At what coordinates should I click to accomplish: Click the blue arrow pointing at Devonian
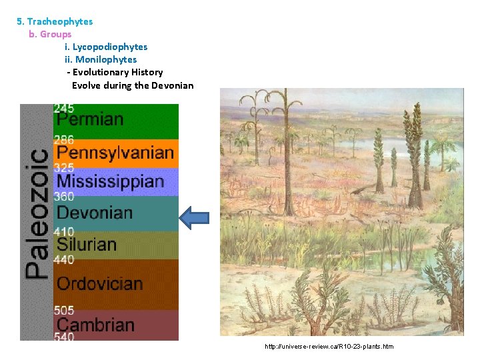tap(195, 217)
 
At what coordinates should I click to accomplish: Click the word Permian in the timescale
tap(90, 120)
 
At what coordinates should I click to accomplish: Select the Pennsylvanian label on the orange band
tap(115, 153)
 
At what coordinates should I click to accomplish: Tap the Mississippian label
tap(111, 181)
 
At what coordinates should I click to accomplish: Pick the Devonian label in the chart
tap(95, 213)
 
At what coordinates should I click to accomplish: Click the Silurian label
tap(86, 245)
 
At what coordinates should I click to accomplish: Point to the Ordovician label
tap(100, 283)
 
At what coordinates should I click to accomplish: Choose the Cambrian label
tap(95, 325)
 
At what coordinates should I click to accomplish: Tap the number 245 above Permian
tap(64, 108)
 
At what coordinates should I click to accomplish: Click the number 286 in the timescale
tap(64, 140)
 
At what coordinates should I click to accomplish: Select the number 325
tap(64, 168)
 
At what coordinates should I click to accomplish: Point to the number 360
tap(64, 197)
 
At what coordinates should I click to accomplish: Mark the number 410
tap(64, 231)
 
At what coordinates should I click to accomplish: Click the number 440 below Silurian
tap(64, 260)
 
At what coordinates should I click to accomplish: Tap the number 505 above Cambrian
tap(64, 310)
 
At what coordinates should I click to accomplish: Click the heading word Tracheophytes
tap(60, 21)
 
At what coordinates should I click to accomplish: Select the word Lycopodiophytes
tap(110, 47)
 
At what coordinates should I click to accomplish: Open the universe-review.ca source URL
tap(329, 347)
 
